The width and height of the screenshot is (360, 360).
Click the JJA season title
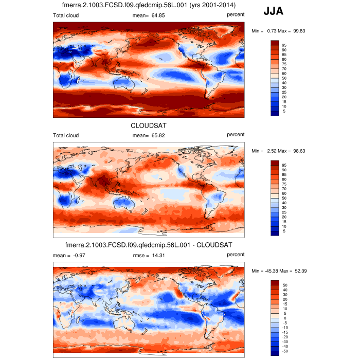[273, 11]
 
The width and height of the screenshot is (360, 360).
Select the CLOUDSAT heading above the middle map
[149, 125]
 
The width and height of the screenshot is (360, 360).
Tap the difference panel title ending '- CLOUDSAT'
[149, 245]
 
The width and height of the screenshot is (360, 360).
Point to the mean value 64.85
[157, 15]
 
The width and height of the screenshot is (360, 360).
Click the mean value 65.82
[157, 135]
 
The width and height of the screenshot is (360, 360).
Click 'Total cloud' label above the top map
[66, 15]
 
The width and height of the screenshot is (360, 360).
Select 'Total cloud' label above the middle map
[66, 135]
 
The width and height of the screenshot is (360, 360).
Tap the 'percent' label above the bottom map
[236, 255]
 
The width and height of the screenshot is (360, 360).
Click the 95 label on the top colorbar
[284, 45]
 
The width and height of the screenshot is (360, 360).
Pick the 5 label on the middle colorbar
[283, 231]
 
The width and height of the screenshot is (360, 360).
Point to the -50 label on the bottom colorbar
[284, 352]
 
